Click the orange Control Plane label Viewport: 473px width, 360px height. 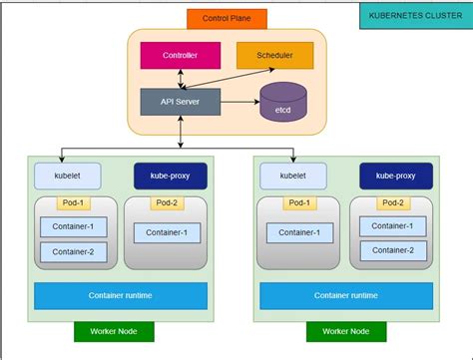pyautogui.click(x=226, y=18)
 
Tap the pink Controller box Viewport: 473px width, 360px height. pyautogui.click(x=179, y=56)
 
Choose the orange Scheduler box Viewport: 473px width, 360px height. pyautogui.click(x=274, y=56)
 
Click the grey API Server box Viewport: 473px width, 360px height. pyautogui.click(x=179, y=103)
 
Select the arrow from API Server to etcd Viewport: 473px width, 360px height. pyautogui.click(x=239, y=103)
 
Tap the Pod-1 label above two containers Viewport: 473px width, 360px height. pyautogui.click(x=74, y=203)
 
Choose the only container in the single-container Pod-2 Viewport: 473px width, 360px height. pyautogui.click(x=167, y=233)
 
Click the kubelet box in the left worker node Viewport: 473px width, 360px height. pyautogui.click(x=68, y=176)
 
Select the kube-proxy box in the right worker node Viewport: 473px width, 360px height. pyautogui.click(x=396, y=176)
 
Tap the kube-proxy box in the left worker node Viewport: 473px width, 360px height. pyautogui.click(x=171, y=176)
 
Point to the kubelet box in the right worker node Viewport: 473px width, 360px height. pyautogui.click(x=293, y=176)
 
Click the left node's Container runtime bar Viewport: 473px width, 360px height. pyautogui.click(x=121, y=295)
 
